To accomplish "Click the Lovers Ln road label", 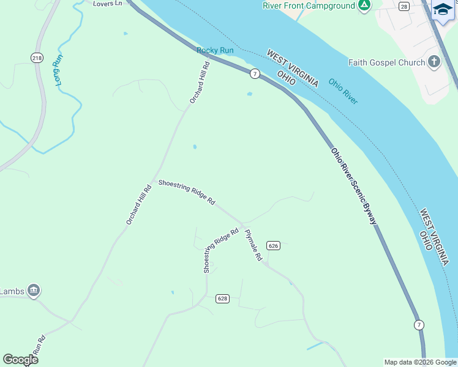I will (107, 4).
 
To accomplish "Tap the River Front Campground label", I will (309, 6).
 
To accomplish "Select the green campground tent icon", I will (364, 6).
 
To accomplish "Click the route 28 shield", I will (404, 6).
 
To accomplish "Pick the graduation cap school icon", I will (442, 9).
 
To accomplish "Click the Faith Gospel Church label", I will (386, 62).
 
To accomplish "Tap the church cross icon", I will (434, 62).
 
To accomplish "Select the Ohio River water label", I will (343, 91).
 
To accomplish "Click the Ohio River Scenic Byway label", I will (354, 186).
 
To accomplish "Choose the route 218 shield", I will (37, 57).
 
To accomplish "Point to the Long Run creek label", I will (58, 70).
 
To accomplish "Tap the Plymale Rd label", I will (253, 245).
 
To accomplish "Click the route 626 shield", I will (274, 245).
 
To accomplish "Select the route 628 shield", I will (222, 298).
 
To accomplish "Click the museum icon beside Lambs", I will (34, 290).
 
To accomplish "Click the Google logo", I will (20, 360).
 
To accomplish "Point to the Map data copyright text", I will (420, 362).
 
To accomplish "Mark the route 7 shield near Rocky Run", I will (254, 73).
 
